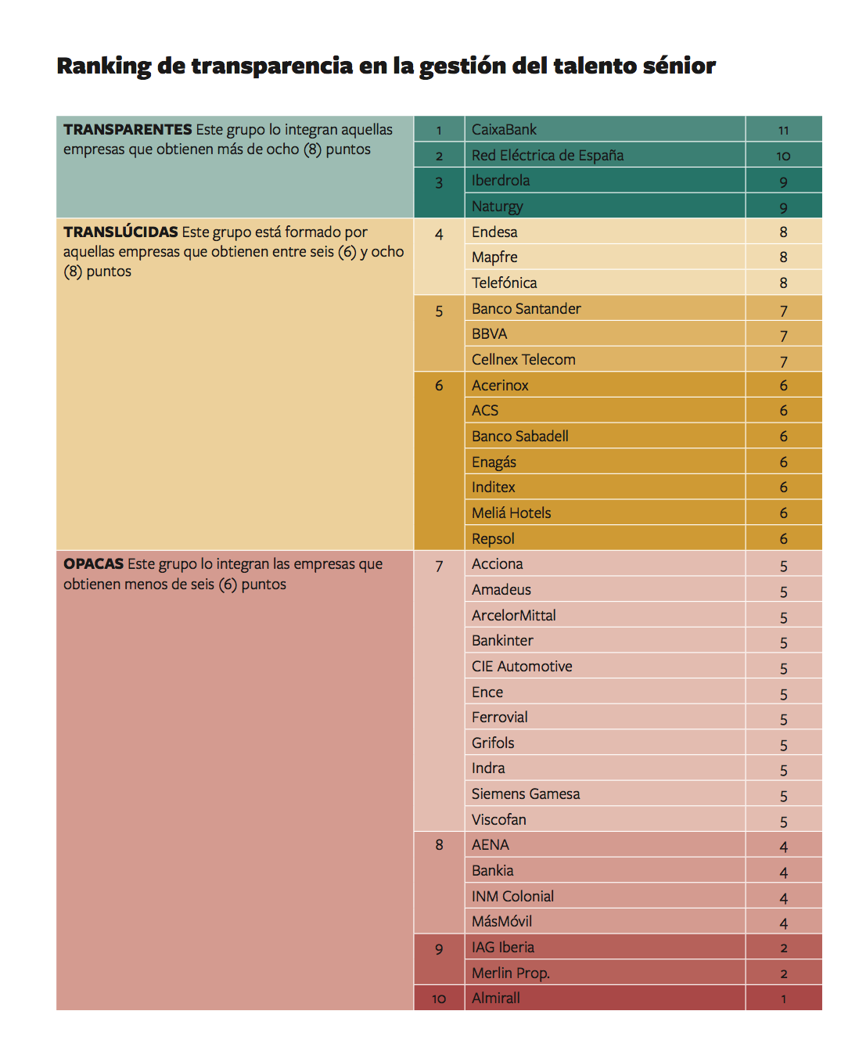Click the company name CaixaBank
tap(504, 129)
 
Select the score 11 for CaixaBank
tap(783, 130)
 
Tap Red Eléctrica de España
tap(547, 155)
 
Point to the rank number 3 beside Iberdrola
tap(439, 182)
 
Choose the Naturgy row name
tap(497, 206)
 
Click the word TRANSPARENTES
tap(128, 129)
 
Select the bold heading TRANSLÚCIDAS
tap(120, 232)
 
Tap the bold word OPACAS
tap(94, 563)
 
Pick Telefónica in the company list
tap(504, 282)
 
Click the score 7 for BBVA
tap(783, 335)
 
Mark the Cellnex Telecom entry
tap(523, 359)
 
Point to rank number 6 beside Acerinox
tap(439, 385)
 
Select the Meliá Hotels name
tap(511, 513)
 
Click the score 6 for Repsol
tap(783, 538)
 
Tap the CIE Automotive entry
tap(522, 666)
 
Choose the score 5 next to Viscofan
tap(783, 821)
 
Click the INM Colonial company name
tap(512, 896)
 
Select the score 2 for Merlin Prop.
tap(783, 973)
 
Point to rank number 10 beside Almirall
tap(439, 998)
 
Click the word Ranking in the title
tap(103, 66)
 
